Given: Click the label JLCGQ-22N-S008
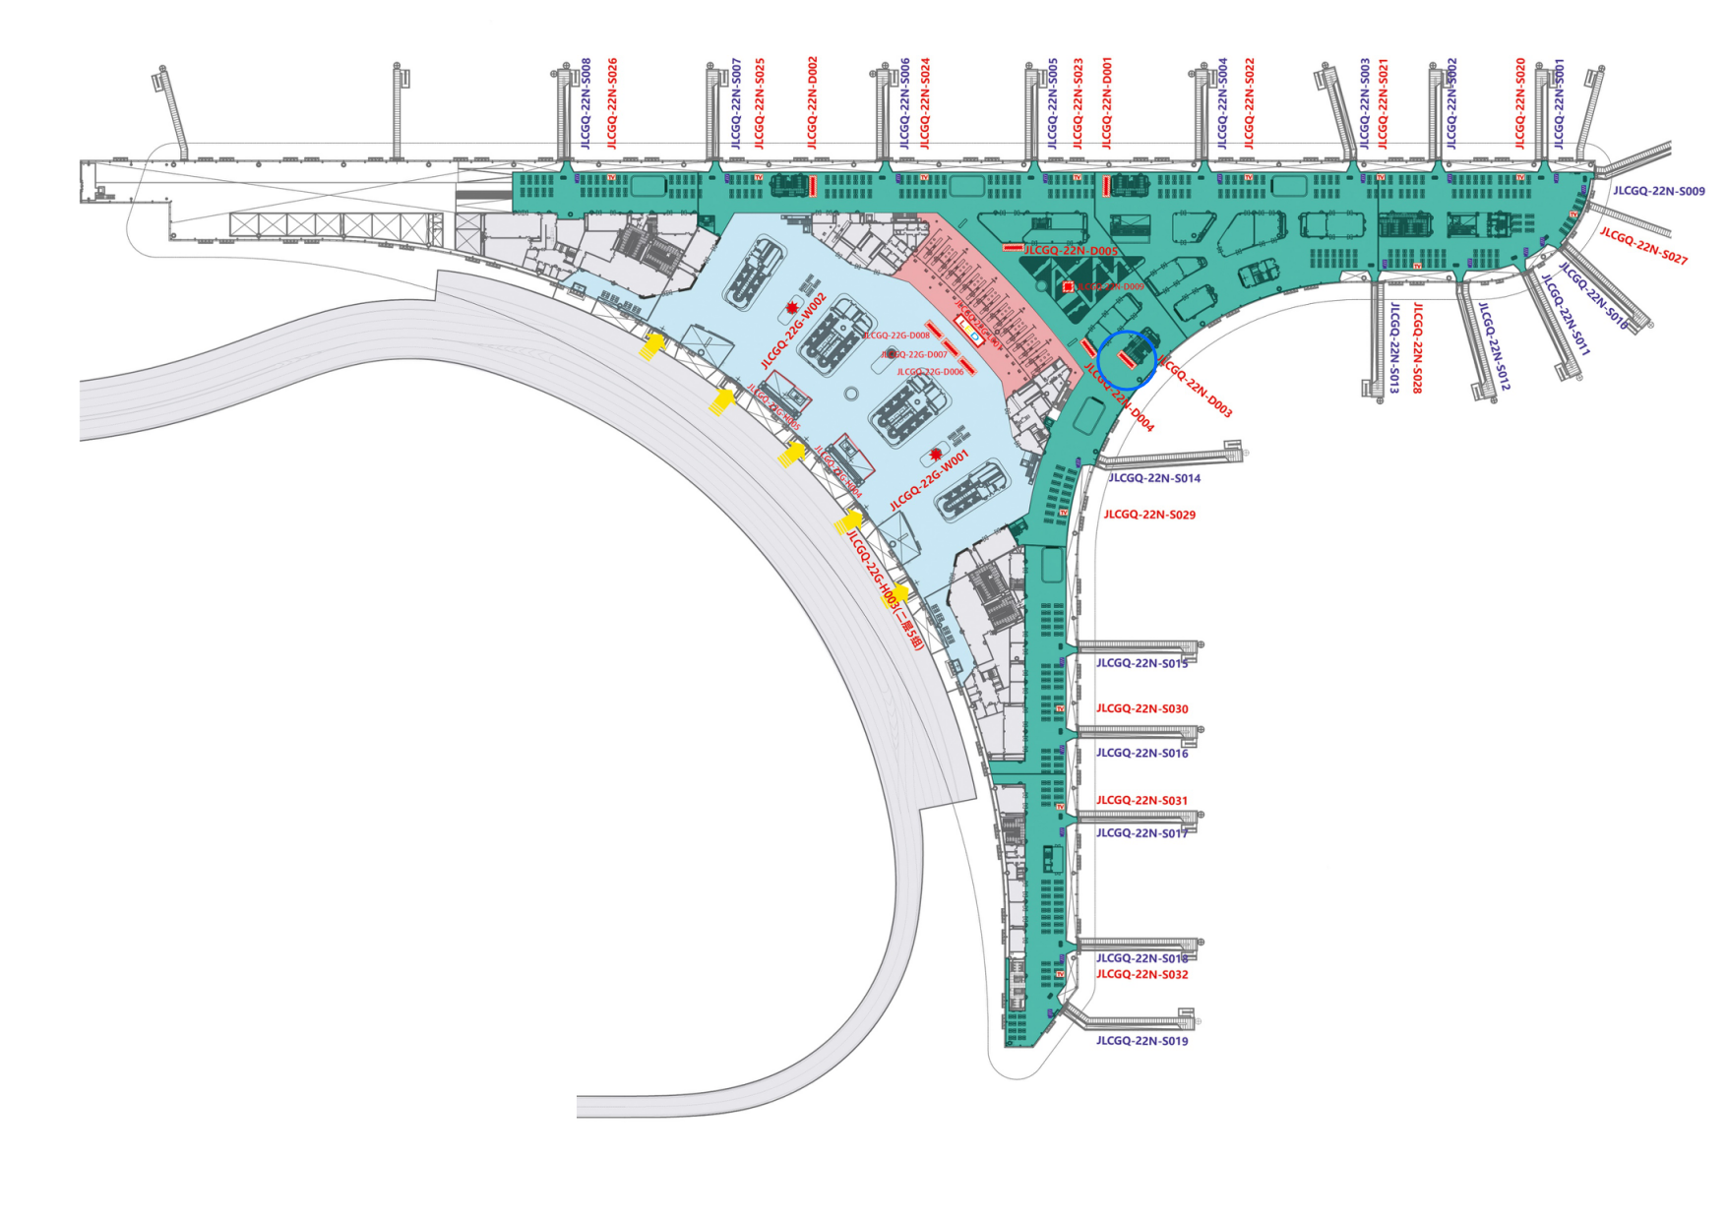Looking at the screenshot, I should (x=586, y=103).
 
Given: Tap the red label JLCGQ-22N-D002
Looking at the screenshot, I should (x=812, y=102).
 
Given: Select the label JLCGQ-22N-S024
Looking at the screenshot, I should (x=925, y=103).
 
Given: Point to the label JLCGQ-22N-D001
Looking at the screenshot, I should (x=1107, y=102).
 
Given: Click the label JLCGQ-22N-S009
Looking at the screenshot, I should (x=1659, y=191).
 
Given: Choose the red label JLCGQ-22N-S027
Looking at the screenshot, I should (x=1643, y=246).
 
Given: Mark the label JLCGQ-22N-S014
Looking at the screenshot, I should (x=1154, y=478).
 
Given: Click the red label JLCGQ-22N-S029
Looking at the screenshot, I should (x=1149, y=515).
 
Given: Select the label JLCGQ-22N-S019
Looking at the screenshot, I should (x=1141, y=1041).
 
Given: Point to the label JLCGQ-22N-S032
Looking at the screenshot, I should (x=1141, y=975).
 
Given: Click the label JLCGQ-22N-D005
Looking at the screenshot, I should (x=1071, y=251).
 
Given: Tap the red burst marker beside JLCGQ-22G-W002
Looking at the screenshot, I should (x=792, y=309).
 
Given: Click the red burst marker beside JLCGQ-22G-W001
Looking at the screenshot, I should (x=936, y=455).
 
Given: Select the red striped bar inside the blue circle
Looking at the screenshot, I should (x=1129, y=361).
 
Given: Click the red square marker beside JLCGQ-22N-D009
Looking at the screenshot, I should (x=1068, y=286).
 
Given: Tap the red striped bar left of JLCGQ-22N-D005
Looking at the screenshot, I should (x=1013, y=248).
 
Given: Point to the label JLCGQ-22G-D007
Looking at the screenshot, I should (x=914, y=354).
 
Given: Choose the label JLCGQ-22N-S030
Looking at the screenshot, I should (x=1141, y=708).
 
